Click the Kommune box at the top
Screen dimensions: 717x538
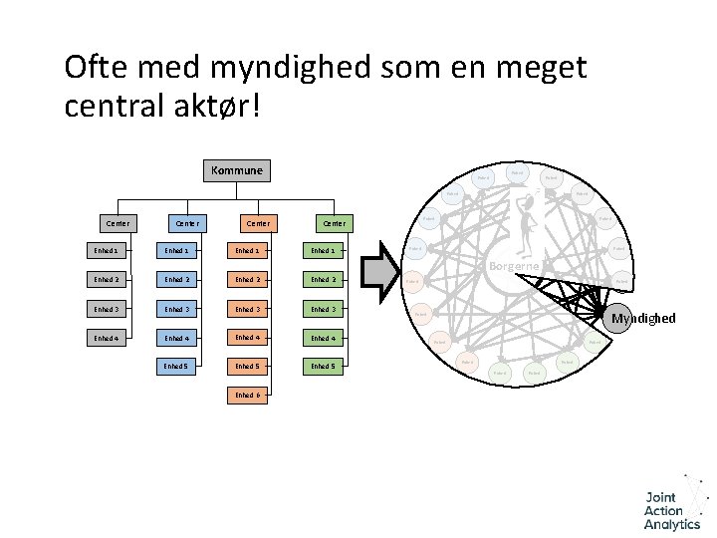[236, 170]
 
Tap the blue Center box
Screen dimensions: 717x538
[186, 222]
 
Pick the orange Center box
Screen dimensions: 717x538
[257, 222]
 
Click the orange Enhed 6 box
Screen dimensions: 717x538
[248, 395]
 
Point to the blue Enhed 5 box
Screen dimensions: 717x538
[177, 366]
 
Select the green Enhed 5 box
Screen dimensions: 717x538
[324, 366]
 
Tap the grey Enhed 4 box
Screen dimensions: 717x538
[106, 338]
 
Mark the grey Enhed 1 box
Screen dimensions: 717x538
[106, 250]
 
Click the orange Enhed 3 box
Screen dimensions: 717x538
[248, 309]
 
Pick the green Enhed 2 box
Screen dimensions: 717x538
[324, 280]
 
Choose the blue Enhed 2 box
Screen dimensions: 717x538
[177, 280]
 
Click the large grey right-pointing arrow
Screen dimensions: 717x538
[379, 273]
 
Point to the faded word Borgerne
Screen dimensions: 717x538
[515, 266]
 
